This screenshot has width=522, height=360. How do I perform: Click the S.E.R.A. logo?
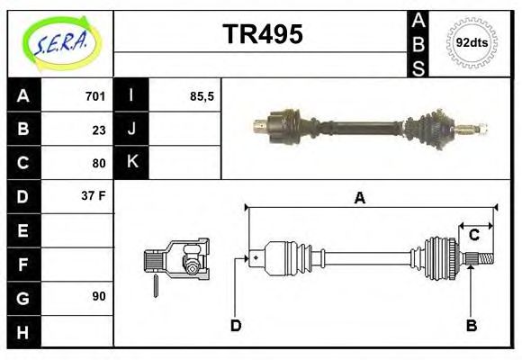(x=60, y=42)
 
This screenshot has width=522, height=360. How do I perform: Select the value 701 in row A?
(x=94, y=96)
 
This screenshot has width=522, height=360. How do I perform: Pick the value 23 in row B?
(x=98, y=130)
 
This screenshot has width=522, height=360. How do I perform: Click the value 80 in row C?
(x=98, y=164)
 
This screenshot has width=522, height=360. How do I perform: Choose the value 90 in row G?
(x=98, y=296)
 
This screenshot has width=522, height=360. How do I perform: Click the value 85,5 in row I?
(x=202, y=96)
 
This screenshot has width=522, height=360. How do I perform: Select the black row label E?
(x=23, y=230)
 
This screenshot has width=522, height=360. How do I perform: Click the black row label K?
(x=131, y=163)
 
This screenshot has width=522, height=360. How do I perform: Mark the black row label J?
(x=131, y=130)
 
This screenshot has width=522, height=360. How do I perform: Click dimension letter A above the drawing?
(x=359, y=198)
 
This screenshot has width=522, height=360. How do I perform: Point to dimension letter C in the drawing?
(x=473, y=236)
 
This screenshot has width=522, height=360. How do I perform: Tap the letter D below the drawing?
(x=236, y=326)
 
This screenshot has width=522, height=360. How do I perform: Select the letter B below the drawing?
(x=471, y=326)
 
